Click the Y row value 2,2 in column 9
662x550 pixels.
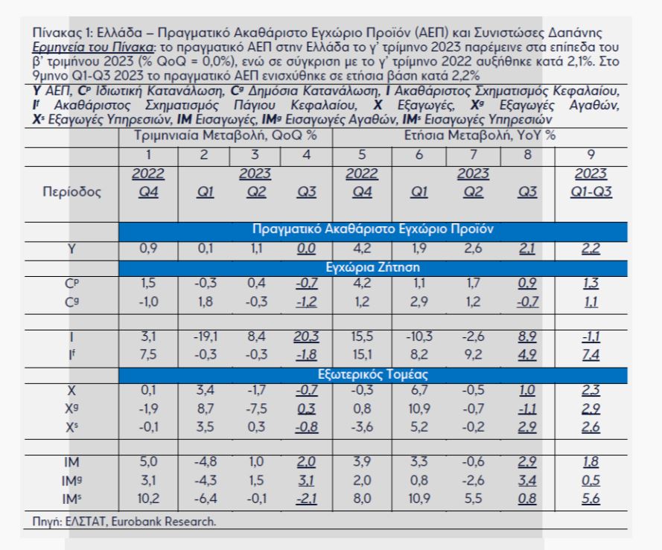click(x=591, y=249)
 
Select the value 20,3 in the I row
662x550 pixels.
click(x=307, y=336)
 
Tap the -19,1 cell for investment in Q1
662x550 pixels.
click(x=206, y=336)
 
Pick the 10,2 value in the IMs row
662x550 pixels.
click(x=148, y=499)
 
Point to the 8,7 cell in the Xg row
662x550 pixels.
click(x=206, y=409)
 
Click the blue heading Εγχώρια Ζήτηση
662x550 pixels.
click(x=373, y=268)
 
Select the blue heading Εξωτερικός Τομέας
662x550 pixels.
click(x=373, y=374)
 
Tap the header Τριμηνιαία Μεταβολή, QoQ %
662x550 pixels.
click(x=226, y=135)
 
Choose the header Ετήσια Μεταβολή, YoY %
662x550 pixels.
click(x=480, y=135)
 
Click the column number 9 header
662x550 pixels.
click(x=591, y=155)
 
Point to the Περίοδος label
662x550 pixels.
click(x=72, y=192)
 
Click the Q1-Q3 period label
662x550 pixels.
click(x=591, y=192)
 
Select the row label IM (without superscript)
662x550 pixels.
click(x=71, y=462)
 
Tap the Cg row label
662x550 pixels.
click(x=71, y=302)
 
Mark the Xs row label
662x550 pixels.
click(x=71, y=427)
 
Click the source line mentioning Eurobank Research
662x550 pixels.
click(x=124, y=522)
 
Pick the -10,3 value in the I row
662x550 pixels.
click(x=419, y=336)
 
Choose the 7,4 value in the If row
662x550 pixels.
click(x=591, y=354)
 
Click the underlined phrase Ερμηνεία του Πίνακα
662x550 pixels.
click(x=93, y=47)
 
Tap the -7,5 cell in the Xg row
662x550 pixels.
click(x=256, y=409)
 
